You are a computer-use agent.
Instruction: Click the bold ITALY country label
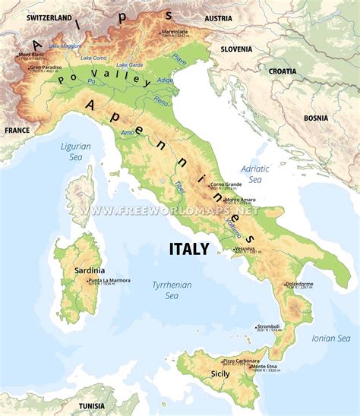tap(188, 249)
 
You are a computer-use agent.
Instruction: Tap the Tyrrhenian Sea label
tap(172, 290)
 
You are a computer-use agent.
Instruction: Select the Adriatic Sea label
tap(251, 175)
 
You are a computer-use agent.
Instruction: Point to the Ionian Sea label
tap(331, 339)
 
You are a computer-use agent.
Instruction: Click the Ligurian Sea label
tap(76, 151)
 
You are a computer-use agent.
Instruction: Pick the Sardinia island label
tap(90, 270)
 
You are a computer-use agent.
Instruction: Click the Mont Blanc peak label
tap(31, 55)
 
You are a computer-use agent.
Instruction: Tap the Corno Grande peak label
tap(226, 184)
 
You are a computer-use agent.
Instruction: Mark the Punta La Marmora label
tap(109, 281)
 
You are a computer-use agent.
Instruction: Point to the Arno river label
tap(128, 132)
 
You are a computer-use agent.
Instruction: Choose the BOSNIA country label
tap(315, 118)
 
